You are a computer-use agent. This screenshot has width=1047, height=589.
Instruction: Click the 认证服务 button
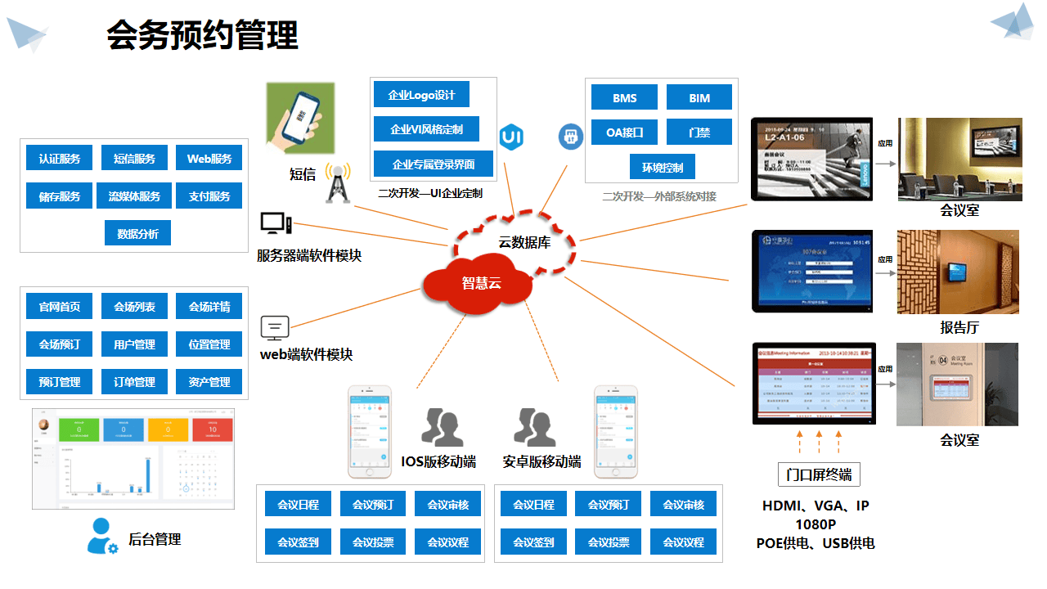[x=60, y=159]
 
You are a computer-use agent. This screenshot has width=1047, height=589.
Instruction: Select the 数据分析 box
[x=137, y=233]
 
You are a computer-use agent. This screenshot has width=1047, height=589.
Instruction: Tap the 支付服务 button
[x=209, y=196]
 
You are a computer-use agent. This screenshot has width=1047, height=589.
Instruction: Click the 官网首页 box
[x=60, y=307]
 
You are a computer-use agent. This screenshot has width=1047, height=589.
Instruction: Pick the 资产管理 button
[x=209, y=381]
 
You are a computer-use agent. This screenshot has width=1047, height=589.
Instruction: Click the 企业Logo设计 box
[x=422, y=95]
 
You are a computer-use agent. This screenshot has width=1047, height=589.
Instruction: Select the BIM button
[x=699, y=98]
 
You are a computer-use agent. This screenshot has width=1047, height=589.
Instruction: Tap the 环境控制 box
[x=663, y=168]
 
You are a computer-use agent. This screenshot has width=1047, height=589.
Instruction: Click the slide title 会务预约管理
[x=203, y=36]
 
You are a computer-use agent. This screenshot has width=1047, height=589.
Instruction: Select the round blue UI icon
[x=512, y=137]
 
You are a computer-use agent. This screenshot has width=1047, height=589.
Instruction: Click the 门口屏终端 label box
[x=819, y=474]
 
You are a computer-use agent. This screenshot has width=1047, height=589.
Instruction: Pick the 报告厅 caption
[x=959, y=328]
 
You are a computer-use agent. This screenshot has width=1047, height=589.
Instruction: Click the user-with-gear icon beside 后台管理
[x=102, y=537]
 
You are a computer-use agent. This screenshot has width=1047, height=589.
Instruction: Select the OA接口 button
[x=625, y=132]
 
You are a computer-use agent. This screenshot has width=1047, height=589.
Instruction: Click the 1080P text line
[x=815, y=524]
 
